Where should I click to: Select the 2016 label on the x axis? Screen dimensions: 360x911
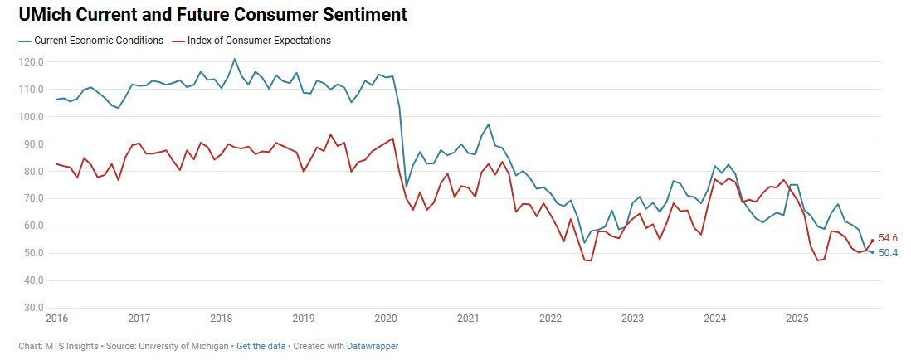[x=56, y=319]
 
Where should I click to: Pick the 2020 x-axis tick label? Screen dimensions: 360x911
[x=386, y=319]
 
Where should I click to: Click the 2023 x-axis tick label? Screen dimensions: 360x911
[x=632, y=319]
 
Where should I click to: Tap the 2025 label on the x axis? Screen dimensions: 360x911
[x=797, y=319]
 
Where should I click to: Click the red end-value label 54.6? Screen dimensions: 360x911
[x=888, y=239]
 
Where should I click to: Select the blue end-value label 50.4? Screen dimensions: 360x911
[x=888, y=253]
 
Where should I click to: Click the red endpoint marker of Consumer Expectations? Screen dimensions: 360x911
[x=872, y=241]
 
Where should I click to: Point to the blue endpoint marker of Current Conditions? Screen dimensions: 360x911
[x=872, y=252]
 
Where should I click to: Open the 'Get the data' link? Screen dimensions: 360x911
[x=260, y=346]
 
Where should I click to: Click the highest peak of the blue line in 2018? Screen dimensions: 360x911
[x=235, y=59]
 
